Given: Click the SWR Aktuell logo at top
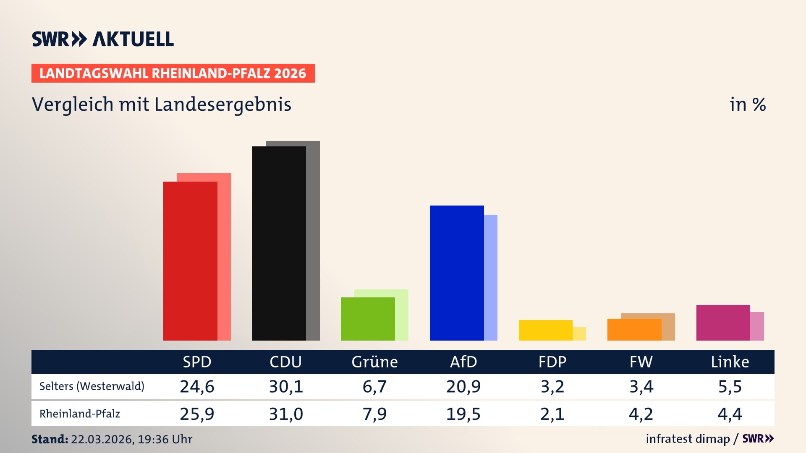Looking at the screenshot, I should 103,39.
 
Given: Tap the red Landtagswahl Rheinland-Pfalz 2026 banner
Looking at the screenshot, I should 173,73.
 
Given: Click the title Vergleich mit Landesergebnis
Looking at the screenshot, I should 162,104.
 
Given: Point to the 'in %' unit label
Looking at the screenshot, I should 748,104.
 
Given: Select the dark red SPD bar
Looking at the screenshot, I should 190,261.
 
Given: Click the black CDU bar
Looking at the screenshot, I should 279,243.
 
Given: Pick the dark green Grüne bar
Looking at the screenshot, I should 368,319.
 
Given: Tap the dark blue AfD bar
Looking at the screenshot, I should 457,273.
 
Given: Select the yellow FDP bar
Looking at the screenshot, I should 545,330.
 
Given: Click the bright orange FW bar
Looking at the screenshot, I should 634,330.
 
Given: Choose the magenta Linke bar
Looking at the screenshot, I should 723,323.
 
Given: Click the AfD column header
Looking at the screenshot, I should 463,362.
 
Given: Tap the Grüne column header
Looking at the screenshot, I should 374,362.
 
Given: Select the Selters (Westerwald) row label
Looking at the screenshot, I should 92,386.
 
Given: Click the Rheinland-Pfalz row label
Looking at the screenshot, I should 80,414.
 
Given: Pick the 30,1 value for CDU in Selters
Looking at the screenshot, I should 286,386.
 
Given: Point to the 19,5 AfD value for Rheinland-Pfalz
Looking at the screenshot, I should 463,414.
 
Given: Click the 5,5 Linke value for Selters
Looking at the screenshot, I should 730,386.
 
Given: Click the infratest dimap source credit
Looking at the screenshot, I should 688,439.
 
